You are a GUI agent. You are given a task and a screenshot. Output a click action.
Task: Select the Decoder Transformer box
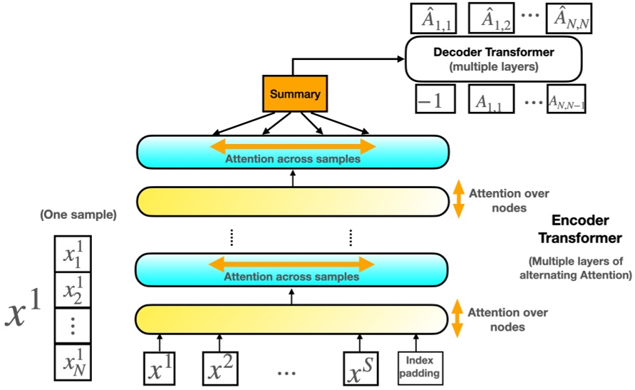(494, 58)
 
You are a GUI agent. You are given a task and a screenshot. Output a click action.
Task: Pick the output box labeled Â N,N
(569, 18)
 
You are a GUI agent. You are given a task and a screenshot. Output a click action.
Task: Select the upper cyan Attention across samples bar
(293, 152)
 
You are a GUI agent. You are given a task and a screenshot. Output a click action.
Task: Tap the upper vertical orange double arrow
(459, 200)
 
